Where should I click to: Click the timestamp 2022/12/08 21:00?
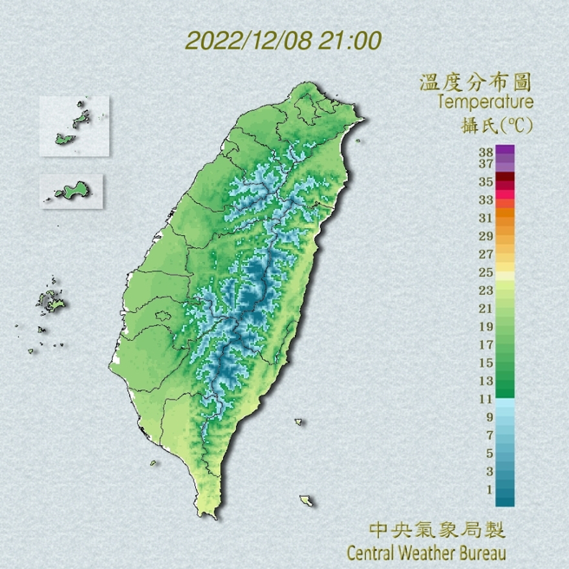(x=284, y=40)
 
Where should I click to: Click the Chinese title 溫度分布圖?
(x=474, y=82)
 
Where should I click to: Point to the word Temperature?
(x=485, y=103)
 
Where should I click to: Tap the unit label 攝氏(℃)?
(x=496, y=125)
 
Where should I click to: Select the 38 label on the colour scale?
(x=486, y=151)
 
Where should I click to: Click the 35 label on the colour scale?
(x=486, y=181)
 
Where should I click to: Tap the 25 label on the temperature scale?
(x=486, y=272)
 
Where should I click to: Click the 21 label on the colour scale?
(x=486, y=309)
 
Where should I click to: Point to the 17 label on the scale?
(x=486, y=344)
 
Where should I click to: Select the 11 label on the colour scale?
(x=486, y=399)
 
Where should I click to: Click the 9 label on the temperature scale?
(x=489, y=417)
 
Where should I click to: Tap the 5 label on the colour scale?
(x=489, y=454)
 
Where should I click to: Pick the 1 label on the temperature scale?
(x=489, y=490)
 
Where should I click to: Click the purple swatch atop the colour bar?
(x=506, y=150)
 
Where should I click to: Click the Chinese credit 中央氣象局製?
(x=436, y=529)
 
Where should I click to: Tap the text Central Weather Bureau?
(x=425, y=552)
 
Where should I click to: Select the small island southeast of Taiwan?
(x=306, y=500)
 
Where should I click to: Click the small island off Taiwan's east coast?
(x=299, y=423)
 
